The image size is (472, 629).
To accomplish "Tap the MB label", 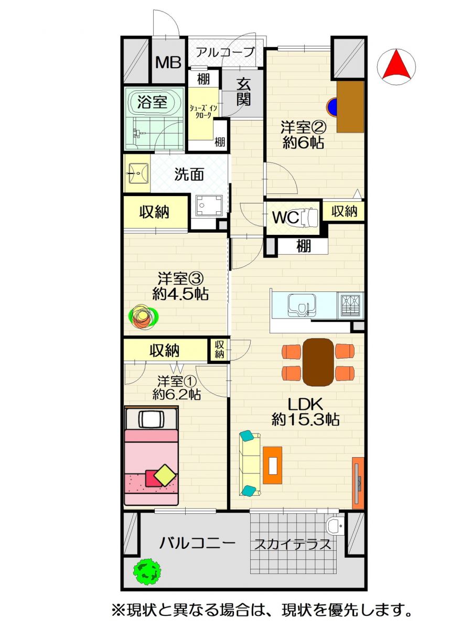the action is (x=168, y=62).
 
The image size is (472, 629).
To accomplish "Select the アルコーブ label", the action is (x=226, y=52).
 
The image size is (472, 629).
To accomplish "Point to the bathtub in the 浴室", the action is (x=153, y=102).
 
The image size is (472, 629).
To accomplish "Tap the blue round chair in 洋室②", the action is (x=332, y=107).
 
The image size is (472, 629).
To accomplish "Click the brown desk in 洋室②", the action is (x=350, y=106).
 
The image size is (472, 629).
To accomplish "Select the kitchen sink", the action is (x=302, y=305).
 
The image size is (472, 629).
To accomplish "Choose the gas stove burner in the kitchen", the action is (x=350, y=306).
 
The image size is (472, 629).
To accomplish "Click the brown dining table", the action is (x=318, y=362).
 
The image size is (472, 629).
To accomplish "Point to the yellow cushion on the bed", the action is (x=165, y=475).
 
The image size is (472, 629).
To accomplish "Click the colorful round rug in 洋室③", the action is (x=143, y=316).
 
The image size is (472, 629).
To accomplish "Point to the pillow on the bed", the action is (x=152, y=419).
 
